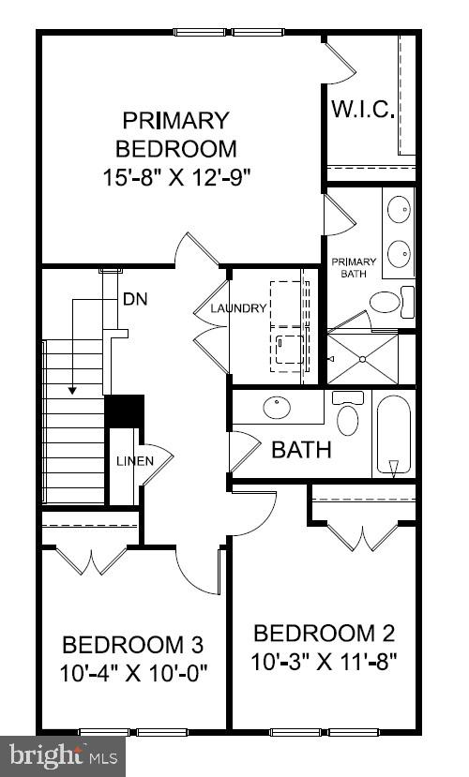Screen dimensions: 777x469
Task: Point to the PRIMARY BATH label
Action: pyautogui.click(x=354, y=267)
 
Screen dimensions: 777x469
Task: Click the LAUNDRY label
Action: pyautogui.click(x=238, y=308)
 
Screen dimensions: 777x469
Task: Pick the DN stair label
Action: pyautogui.click(x=135, y=300)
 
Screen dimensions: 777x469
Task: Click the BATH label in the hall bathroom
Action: pyautogui.click(x=301, y=450)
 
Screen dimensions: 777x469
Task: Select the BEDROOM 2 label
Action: pyautogui.click(x=325, y=633)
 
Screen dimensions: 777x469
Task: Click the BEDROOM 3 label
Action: pyautogui.click(x=132, y=645)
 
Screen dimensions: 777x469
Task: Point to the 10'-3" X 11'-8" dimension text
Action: pyautogui.click(x=325, y=662)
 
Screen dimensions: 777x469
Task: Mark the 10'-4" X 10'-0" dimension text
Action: pyautogui.click(x=132, y=673)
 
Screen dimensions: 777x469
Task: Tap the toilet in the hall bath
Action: pyautogui.click(x=348, y=416)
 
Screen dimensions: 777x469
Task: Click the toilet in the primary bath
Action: pyautogui.click(x=386, y=302)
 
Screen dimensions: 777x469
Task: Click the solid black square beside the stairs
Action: pyautogui.click(x=124, y=411)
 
